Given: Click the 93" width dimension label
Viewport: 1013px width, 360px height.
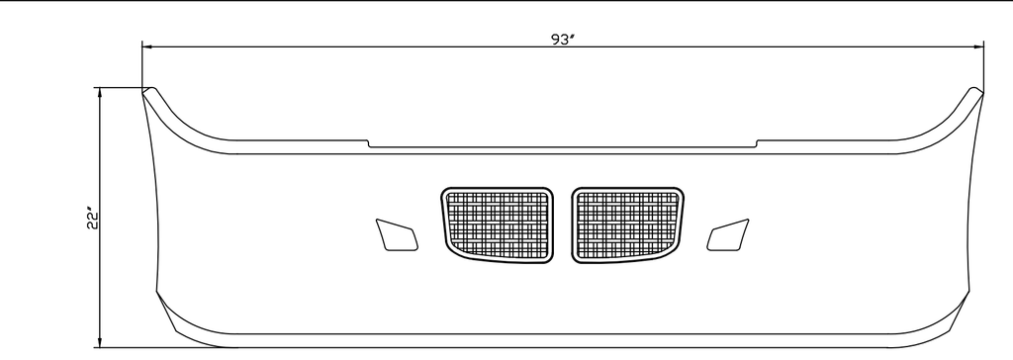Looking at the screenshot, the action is (x=562, y=40).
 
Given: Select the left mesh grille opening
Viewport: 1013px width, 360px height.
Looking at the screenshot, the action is (x=498, y=225).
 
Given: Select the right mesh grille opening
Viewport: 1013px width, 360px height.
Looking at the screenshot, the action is (x=628, y=225).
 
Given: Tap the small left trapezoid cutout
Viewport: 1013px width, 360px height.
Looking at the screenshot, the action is (x=397, y=235).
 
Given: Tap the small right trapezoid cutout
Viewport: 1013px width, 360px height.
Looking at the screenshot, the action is (x=728, y=235).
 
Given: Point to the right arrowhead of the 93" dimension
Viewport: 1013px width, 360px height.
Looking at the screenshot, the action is (x=977, y=46).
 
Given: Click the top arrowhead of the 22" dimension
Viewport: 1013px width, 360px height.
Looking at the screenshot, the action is (x=100, y=93).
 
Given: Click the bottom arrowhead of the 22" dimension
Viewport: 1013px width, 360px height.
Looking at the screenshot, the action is (x=100, y=341).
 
